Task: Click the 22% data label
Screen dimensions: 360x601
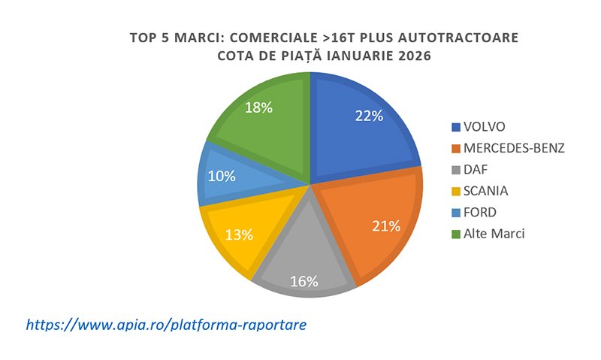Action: tap(370, 116)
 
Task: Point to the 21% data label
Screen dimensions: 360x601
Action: tap(385, 225)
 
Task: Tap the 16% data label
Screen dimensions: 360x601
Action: tap(304, 281)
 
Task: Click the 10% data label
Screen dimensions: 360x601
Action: tap(222, 177)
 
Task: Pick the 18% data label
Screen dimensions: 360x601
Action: tap(258, 107)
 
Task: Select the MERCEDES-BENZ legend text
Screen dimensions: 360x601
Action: tap(515, 147)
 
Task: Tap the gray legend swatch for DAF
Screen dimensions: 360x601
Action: tap(455, 169)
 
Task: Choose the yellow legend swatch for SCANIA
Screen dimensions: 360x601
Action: tap(455, 191)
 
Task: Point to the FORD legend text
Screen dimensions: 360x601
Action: tap(481, 212)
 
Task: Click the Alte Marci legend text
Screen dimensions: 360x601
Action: tap(494, 234)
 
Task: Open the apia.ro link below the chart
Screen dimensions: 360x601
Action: tap(166, 325)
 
